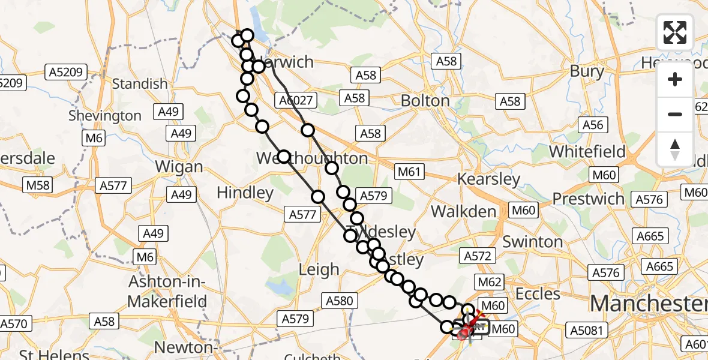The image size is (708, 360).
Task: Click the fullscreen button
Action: pos(675,32)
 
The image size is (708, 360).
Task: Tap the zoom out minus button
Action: pos(675,114)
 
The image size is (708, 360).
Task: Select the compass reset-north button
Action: pos(675,149)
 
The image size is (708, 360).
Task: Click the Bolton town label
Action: pos(425,100)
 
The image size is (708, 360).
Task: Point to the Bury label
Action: pos(587,71)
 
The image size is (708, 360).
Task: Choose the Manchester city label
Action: pos(648,304)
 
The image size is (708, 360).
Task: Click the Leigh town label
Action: pos(319,270)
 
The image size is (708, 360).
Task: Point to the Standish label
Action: pos(140,83)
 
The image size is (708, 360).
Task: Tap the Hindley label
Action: pos(245,193)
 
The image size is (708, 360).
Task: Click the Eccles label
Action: pos(538,294)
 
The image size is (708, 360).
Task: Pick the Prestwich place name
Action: pos(589,199)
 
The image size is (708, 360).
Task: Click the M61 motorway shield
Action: pos(409,172)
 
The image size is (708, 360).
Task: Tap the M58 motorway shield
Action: pos(38,185)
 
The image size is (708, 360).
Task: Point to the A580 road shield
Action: pos(340,299)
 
